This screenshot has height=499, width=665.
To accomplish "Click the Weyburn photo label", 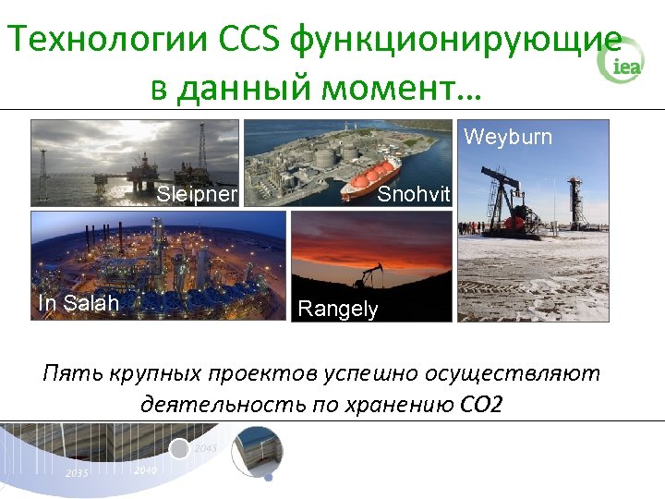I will click(x=508, y=138).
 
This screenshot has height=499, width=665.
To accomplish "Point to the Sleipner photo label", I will click(x=198, y=194).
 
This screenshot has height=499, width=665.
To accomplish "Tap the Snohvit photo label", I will click(x=415, y=195).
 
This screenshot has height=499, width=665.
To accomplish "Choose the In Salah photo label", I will click(x=79, y=302).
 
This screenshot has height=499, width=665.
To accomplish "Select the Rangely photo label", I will click(x=338, y=310).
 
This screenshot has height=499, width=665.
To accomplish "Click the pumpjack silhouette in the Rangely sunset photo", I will click(x=374, y=274).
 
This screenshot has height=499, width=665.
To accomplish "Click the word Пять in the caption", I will click(x=70, y=374).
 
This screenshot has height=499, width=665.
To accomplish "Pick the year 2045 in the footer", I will click(x=206, y=448).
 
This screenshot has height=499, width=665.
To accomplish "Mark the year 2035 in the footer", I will click(x=77, y=473).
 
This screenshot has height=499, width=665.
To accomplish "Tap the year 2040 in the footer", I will click(x=144, y=470).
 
